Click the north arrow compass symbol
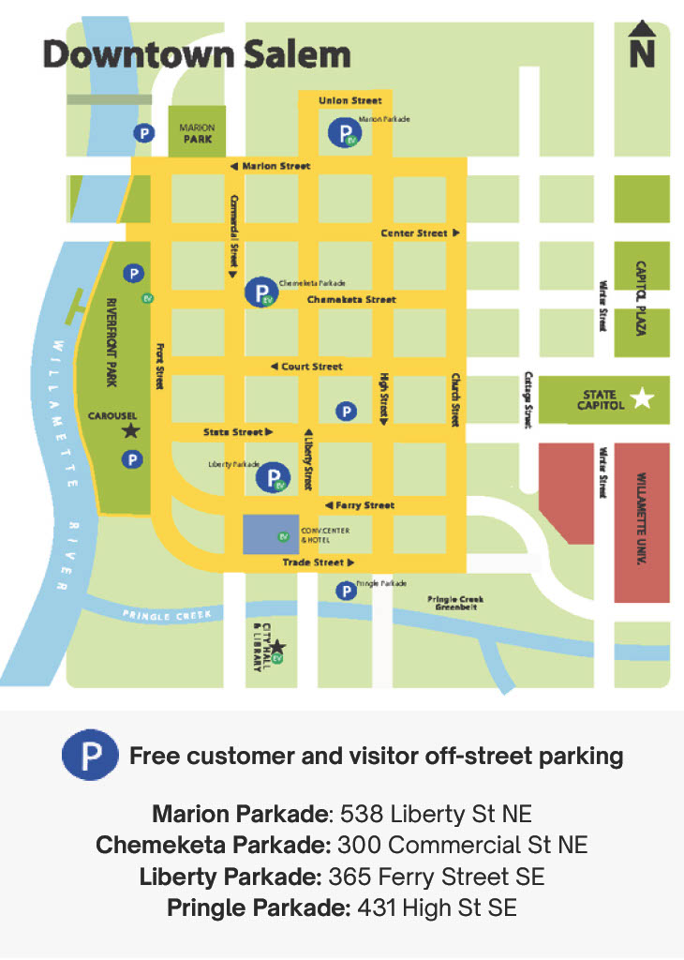pyautogui.click(x=642, y=46)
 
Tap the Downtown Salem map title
pyautogui.click(x=196, y=54)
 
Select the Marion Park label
pyautogui.click(x=198, y=133)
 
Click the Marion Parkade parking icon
pyautogui.click(x=343, y=133)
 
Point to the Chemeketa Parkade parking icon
pyautogui.click(x=260, y=292)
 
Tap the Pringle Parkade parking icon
pyautogui.click(x=347, y=591)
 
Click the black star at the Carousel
pyautogui.click(x=130, y=430)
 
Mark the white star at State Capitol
pyautogui.click(x=642, y=398)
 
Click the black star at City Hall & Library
pyautogui.click(x=277, y=646)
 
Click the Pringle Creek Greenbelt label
pyautogui.click(x=455, y=603)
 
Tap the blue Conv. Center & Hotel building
pyautogui.click(x=270, y=535)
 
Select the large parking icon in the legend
pyautogui.click(x=90, y=756)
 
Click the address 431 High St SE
pyautogui.click(x=437, y=907)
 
